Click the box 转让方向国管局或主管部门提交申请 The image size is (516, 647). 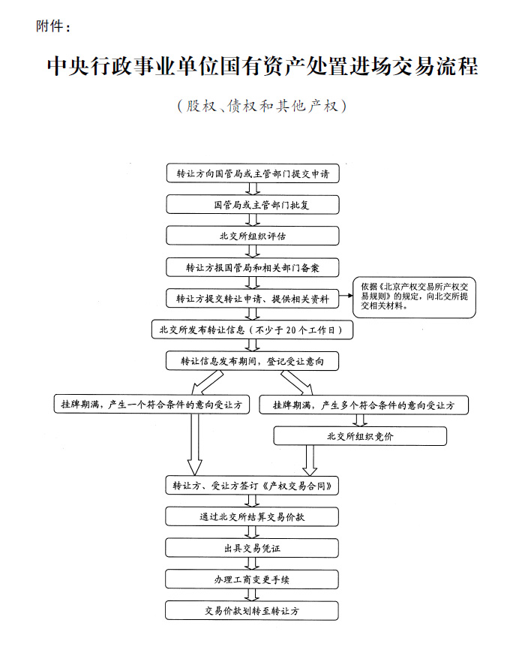(x=253, y=173)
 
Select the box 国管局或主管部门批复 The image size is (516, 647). (x=253, y=205)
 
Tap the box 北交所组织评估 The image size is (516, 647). (x=253, y=236)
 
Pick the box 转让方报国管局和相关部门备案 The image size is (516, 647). (x=253, y=267)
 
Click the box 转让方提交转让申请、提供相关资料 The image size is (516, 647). (x=253, y=298)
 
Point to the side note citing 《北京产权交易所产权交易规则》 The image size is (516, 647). (x=414, y=297)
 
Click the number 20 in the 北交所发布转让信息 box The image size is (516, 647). (x=291, y=330)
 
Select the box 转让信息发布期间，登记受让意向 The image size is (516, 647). (x=253, y=361)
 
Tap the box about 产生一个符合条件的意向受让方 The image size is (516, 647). (x=151, y=404)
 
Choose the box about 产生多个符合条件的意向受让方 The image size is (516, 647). (x=364, y=405)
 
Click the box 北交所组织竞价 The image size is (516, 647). (x=360, y=436)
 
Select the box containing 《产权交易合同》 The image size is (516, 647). (x=252, y=485)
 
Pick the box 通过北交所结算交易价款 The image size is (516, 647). (x=252, y=516)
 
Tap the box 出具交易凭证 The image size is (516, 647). (x=252, y=548)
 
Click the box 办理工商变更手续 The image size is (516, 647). (x=252, y=579)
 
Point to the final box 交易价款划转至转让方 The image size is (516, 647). (x=252, y=611)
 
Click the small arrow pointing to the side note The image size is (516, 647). (x=346, y=296)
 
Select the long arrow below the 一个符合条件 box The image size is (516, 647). (x=195, y=444)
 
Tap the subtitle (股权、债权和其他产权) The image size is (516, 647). (x=262, y=106)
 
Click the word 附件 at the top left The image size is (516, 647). (x=49, y=26)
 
